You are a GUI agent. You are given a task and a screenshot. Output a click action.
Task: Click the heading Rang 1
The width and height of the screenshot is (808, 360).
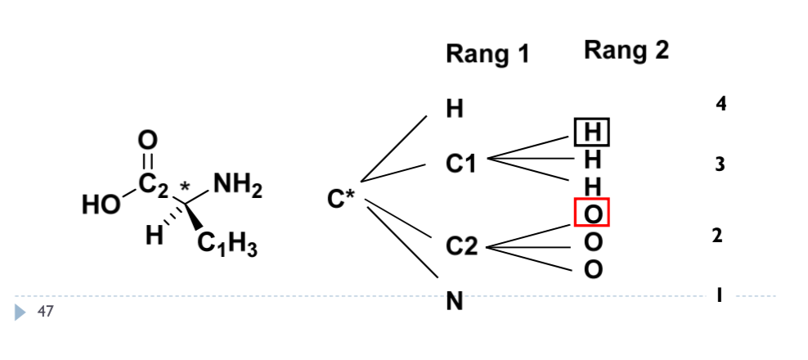[x=487, y=54]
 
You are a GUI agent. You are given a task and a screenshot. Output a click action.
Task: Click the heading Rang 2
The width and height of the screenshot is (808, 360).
[x=626, y=51]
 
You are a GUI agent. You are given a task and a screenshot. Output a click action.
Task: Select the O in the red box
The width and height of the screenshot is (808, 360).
[x=593, y=214]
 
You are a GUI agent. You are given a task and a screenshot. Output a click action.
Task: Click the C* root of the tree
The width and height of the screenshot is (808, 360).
[x=341, y=199]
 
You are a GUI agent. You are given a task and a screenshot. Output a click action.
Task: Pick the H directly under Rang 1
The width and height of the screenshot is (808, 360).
[x=454, y=109]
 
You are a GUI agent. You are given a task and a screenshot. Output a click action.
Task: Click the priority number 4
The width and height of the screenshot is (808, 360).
[x=720, y=104]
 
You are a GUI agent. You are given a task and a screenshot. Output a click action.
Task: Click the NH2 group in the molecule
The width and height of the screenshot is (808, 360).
[x=238, y=187]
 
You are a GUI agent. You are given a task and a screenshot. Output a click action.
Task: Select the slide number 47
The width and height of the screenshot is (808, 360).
[x=45, y=311]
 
